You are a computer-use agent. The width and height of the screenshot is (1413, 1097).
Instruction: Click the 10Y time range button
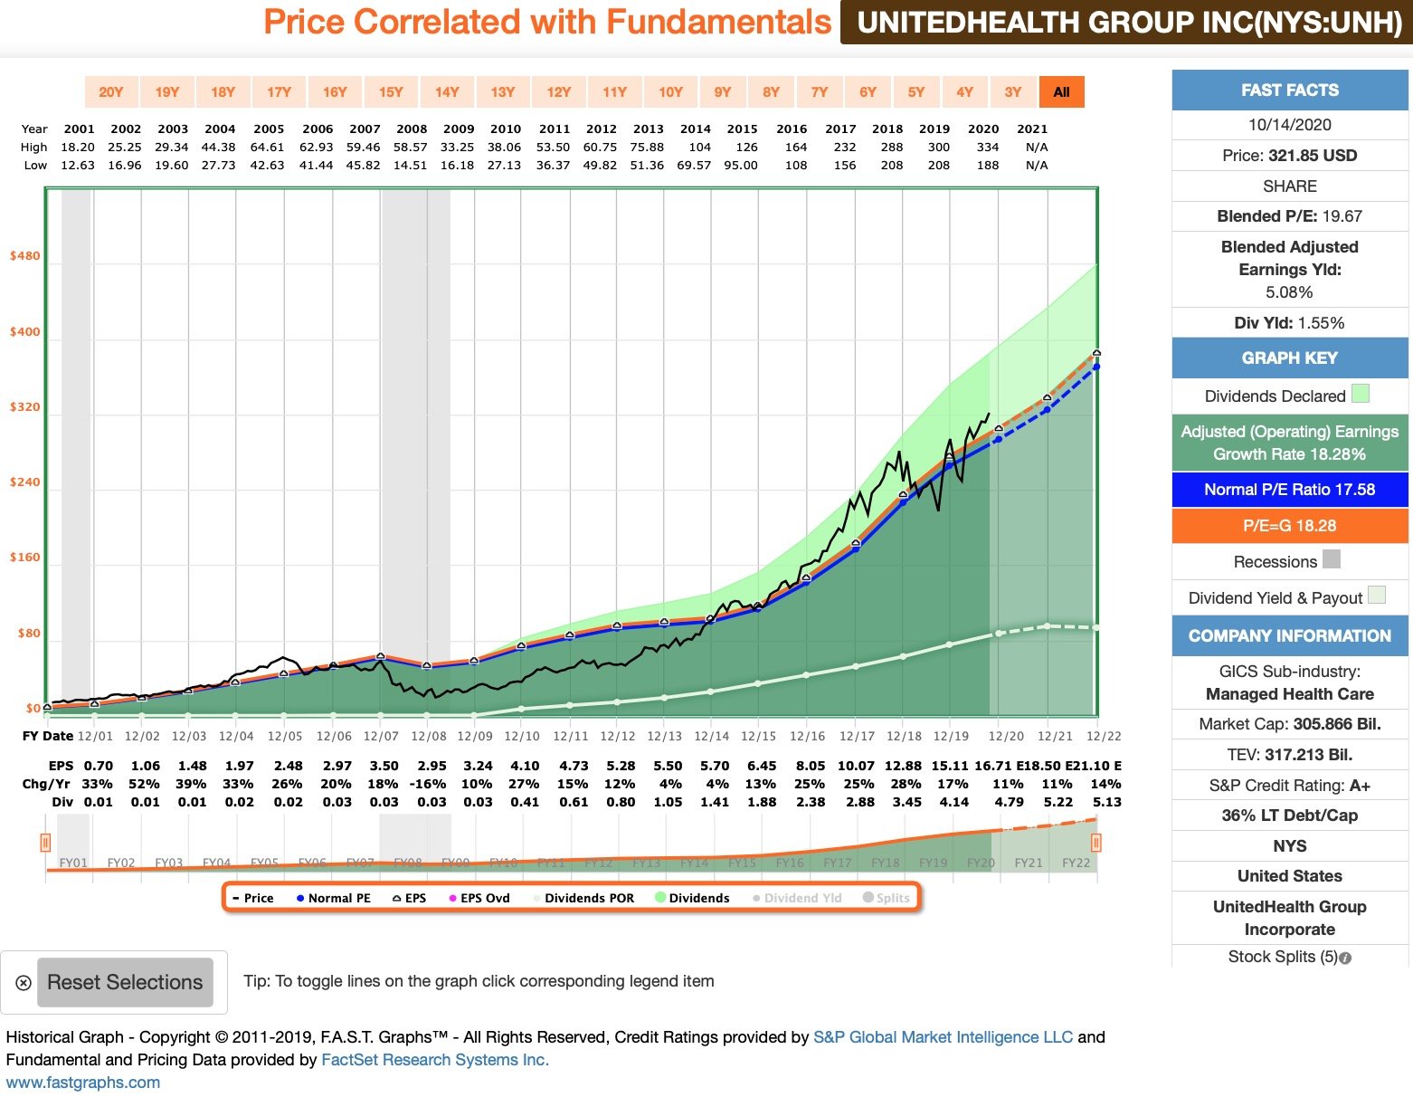[670, 92]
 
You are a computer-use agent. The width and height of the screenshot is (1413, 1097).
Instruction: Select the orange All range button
[1061, 92]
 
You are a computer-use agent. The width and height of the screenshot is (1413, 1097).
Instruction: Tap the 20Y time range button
[110, 92]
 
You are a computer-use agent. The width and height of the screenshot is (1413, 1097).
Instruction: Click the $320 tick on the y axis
[24, 407]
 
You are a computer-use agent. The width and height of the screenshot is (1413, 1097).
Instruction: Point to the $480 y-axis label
[24, 256]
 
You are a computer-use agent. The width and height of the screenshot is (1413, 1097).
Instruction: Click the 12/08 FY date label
[428, 737]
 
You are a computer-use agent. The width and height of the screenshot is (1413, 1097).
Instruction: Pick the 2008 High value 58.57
[410, 148]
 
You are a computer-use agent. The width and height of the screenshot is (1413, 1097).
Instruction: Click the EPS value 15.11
[950, 766]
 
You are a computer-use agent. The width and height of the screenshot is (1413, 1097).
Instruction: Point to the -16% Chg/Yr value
[430, 784]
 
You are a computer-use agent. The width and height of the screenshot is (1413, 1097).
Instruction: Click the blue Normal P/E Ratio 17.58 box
[1289, 490]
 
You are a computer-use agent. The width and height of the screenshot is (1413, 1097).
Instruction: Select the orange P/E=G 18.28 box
[1289, 526]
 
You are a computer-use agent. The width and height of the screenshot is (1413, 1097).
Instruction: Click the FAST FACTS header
[1289, 91]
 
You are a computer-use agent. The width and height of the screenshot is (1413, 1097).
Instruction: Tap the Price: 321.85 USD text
[1289, 156]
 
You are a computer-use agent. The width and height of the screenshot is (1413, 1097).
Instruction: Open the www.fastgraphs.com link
[83, 1083]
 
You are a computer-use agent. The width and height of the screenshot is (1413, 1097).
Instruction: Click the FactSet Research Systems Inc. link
[435, 1060]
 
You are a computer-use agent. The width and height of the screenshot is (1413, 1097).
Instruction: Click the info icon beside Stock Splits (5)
[1345, 958]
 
